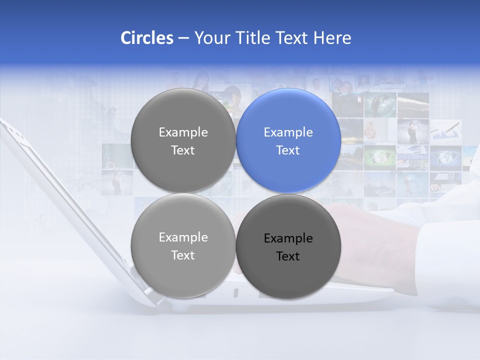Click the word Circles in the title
[x=147, y=38]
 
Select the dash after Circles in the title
[x=183, y=38]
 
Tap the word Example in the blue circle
[x=288, y=132]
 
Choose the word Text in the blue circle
[x=288, y=150]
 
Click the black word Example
[x=288, y=238]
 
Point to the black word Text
[x=288, y=256]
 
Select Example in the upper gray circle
[x=183, y=132]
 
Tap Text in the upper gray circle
[x=183, y=150]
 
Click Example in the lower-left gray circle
[x=183, y=237]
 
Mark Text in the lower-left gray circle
[x=183, y=255]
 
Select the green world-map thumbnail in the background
[x=380, y=156]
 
